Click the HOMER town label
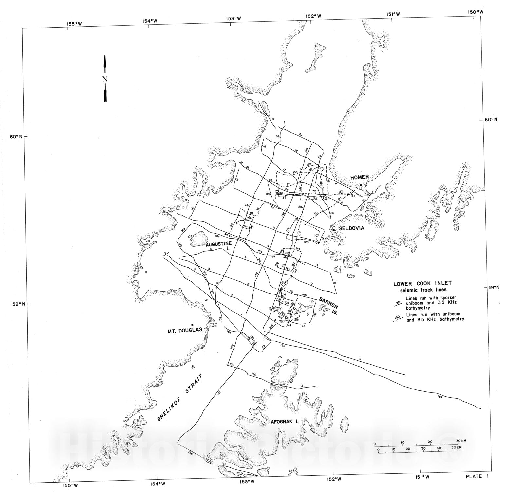pos(360,177)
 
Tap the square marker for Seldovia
pos(333,230)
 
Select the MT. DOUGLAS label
pos(183,330)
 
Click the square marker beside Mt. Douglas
pos(192,324)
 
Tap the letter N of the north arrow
pos(105,79)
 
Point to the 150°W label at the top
pos(476,12)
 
